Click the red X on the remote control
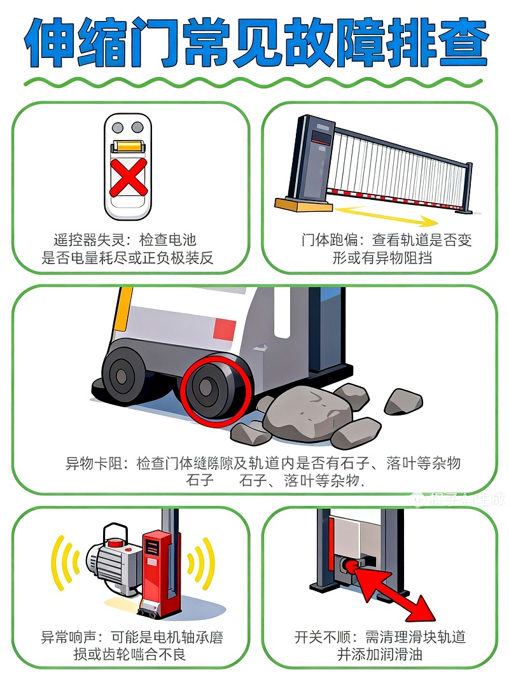(128, 178)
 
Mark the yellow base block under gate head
(303, 205)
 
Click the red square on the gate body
(224, 330)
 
